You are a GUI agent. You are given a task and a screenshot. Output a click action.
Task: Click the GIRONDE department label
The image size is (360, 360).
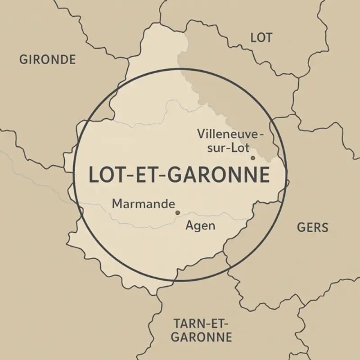47,59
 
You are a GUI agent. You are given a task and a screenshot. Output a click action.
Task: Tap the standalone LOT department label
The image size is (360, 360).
261,38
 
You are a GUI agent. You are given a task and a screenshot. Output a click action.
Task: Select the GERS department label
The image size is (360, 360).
313,227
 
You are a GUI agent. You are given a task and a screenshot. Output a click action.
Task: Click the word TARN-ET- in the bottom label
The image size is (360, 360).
201,323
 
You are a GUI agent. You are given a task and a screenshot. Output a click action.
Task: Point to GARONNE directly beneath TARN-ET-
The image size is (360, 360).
202,337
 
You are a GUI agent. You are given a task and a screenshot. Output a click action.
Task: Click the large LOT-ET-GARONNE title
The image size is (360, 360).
179,175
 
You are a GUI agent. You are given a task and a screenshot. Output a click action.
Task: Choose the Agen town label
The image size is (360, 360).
200,225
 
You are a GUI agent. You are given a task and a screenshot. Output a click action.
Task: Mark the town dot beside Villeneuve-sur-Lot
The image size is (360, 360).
252,158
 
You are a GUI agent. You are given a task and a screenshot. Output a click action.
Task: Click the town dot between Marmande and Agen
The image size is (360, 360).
177,212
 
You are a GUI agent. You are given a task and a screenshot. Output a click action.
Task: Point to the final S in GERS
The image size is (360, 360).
324,227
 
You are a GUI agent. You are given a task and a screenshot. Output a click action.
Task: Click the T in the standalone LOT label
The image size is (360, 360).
268,38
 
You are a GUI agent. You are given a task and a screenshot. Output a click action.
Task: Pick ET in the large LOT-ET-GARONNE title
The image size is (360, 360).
147,175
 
